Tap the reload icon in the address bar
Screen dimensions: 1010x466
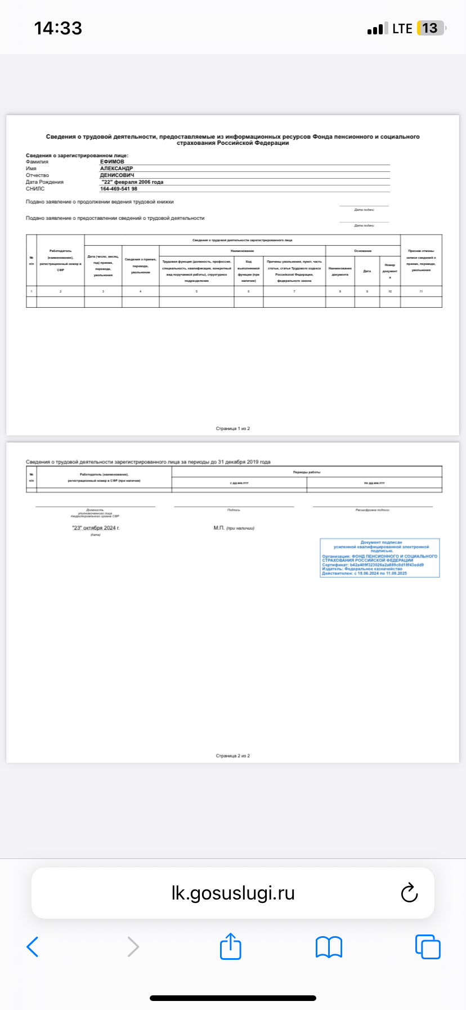409,893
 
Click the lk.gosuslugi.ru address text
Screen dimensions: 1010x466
233,893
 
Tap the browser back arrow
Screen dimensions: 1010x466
33,947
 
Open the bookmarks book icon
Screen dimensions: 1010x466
329,947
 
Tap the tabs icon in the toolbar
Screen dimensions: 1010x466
428,947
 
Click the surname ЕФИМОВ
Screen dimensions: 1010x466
112,162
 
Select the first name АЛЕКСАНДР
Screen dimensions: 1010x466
116,169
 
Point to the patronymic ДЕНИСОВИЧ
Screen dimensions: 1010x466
117,175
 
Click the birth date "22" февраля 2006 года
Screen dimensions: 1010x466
132,182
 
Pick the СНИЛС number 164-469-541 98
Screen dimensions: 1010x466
119,189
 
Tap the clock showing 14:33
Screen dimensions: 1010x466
58,28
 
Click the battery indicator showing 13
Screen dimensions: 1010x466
431,28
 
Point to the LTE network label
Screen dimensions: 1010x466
402,29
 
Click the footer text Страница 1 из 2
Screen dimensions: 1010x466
233,429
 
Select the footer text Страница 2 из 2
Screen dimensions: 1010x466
233,756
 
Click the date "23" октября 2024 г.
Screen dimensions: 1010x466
96,528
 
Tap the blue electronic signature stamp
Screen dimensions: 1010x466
380,558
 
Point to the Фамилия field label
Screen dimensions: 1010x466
37,162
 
